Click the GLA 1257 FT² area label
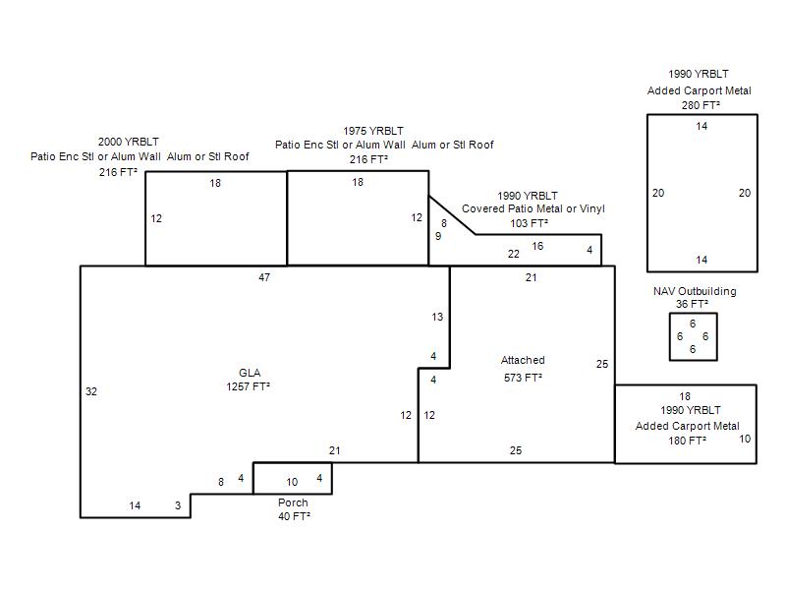pos(249,380)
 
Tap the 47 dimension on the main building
pos(264,277)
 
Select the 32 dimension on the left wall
pos(91,391)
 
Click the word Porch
pos(293,502)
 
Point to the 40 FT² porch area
pos(294,516)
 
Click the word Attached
pos(523,360)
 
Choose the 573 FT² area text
pos(523,378)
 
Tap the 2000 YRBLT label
pos(129,142)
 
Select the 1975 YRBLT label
pos(373,131)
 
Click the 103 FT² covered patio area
pos(529,223)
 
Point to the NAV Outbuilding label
pos(695,291)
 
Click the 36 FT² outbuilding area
pos(692,304)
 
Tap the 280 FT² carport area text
pos(701,105)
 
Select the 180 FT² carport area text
pos(687,441)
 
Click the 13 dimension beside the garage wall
pos(437,317)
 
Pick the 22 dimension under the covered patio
pos(513,255)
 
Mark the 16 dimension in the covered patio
pos(537,247)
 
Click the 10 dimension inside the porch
pos(292,482)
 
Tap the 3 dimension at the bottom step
pos(178,505)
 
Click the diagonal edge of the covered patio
pos(452,215)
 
